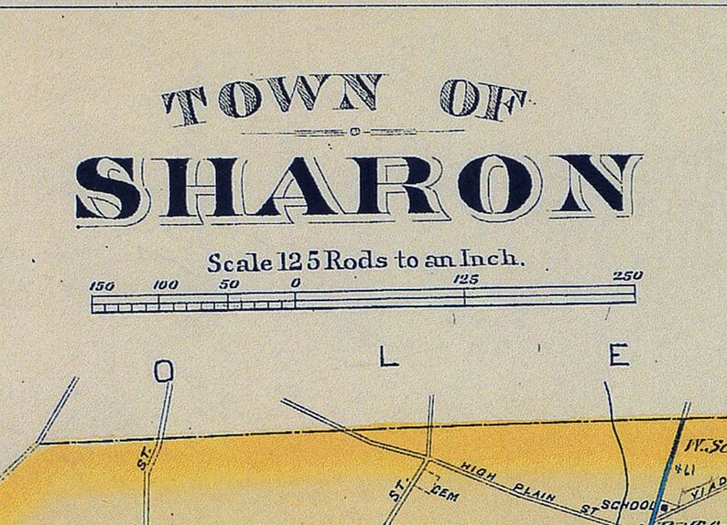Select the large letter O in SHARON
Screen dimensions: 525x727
tap(495, 186)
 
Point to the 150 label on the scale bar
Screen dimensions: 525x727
tap(102, 285)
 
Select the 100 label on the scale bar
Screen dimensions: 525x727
tap(165, 284)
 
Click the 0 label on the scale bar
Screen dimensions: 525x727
tap(295, 284)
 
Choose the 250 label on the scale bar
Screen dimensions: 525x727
tap(627, 275)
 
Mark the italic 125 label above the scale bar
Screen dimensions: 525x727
tap(465, 279)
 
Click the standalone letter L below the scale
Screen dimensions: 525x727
tap(389, 357)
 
